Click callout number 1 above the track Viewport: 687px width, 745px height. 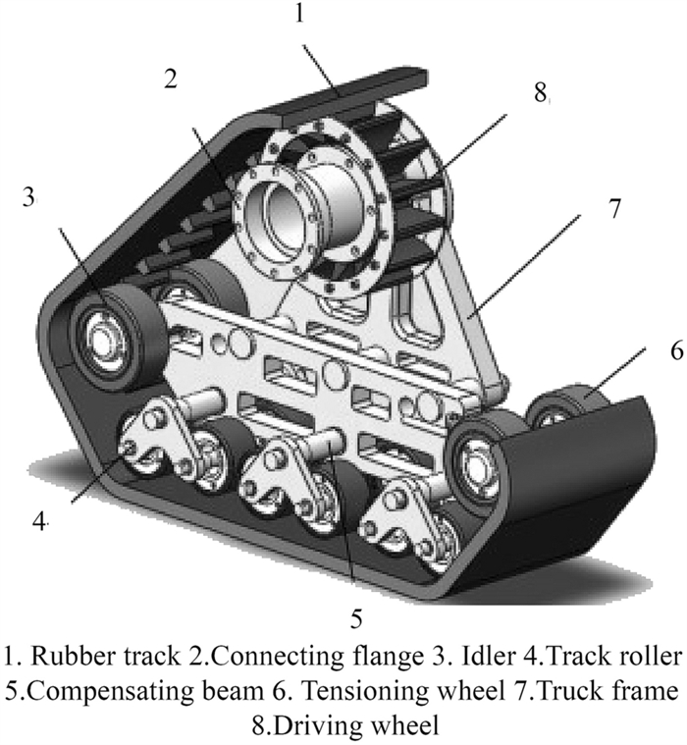click(x=301, y=15)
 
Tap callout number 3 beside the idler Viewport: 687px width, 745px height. click(x=29, y=196)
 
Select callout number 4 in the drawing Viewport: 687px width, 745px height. click(x=39, y=521)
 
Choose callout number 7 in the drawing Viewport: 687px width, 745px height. click(x=615, y=209)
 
